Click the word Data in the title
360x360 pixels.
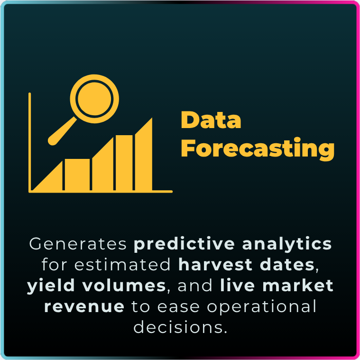click(x=211, y=120)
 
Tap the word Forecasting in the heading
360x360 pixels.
click(x=258, y=148)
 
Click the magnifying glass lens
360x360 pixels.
click(x=94, y=99)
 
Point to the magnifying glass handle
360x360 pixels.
click(x=62, y=131)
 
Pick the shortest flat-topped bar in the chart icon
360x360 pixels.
click(x=77, y=175)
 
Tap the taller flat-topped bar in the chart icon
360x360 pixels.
click(x=124, y=163)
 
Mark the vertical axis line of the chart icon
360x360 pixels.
click(x=29, y=142)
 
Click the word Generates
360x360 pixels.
click(x=78, y=244)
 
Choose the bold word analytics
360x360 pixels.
click(x=287, y=244)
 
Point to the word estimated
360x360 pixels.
click(x=122, y=265)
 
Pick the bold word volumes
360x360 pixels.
click(x=124, y=286)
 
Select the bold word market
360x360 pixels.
click(x=298, y=286)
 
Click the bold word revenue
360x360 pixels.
click(x=84, y=307)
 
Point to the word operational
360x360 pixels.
click(x=261, y=307)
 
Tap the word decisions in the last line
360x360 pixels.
click(x=180, y=327)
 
